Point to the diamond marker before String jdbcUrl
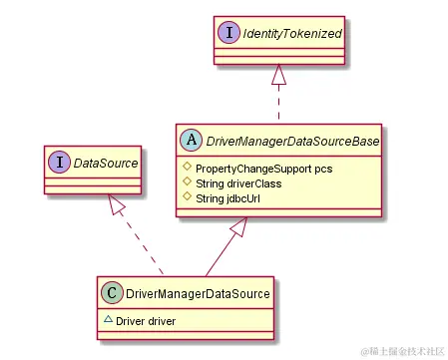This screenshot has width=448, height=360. click(187, 197)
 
